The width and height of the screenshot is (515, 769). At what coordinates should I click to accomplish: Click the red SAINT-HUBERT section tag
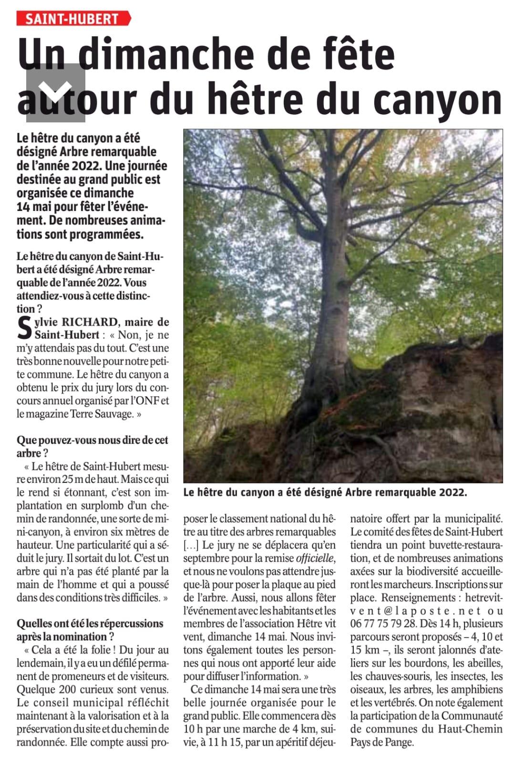point(72,19)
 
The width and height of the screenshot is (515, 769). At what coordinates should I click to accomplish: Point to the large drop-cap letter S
point(24,328)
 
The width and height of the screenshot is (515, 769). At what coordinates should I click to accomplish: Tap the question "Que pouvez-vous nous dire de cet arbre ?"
point(92,446)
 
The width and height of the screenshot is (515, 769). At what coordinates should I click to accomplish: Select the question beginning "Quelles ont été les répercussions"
point(90,629)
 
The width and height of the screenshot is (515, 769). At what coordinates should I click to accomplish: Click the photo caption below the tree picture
point(325,492)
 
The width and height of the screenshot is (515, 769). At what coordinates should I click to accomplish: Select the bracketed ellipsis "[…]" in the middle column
point(191,545)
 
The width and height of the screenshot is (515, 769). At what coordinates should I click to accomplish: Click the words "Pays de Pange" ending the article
point(381,742)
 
